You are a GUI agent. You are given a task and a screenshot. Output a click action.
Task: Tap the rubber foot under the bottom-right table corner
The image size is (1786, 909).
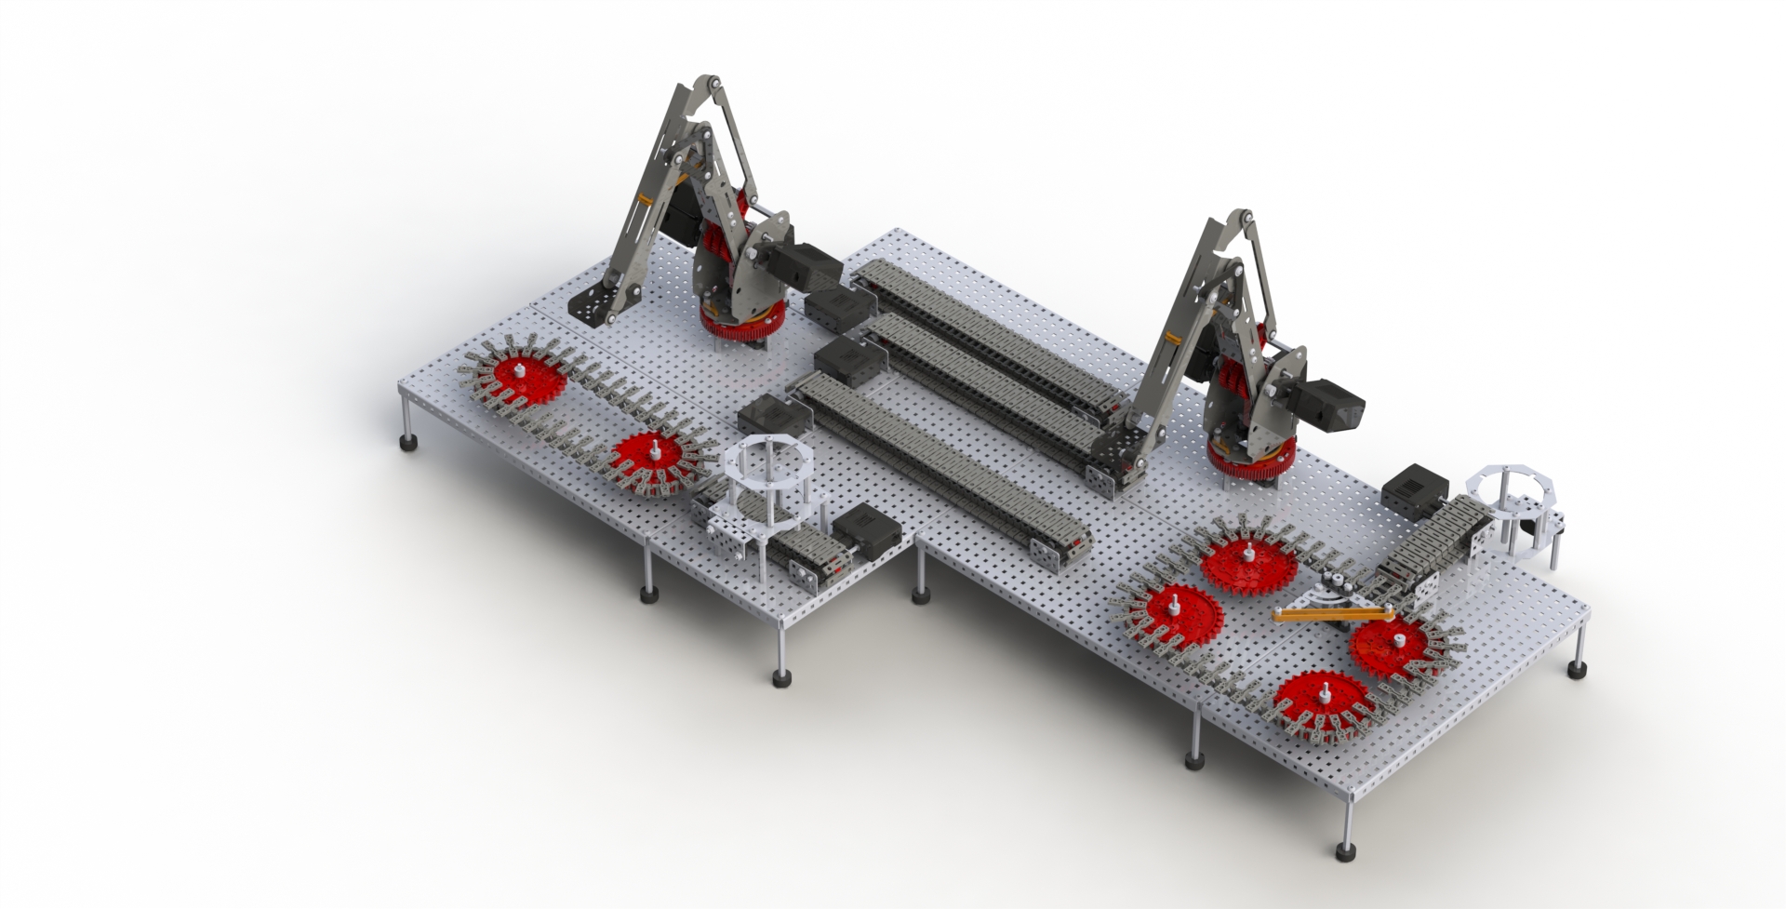pos(1345,850)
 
